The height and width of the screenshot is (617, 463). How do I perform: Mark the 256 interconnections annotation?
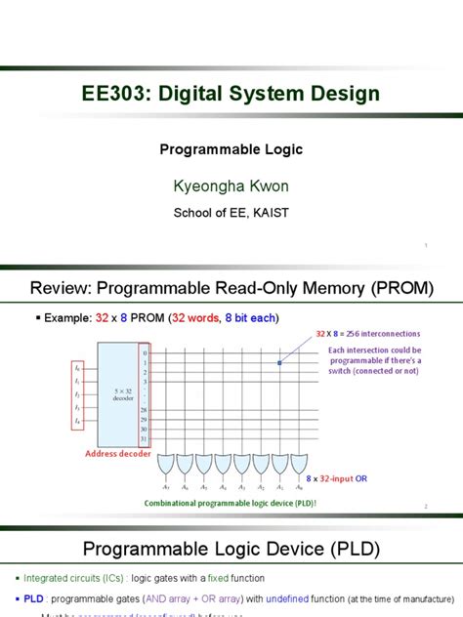point(374,333)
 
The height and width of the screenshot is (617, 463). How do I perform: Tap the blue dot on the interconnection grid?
point(279,364)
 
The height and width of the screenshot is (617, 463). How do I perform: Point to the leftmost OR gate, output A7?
point(166,463)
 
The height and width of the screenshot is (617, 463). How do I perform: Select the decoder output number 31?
point(144,438)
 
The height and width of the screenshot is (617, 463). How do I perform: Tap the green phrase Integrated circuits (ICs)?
point(65,578)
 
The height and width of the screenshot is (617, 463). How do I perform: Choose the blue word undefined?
point(298,596)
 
